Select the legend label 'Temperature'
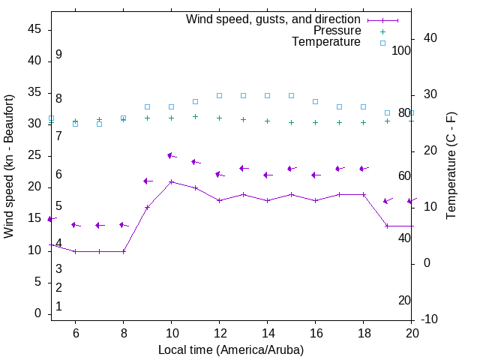[326, 42]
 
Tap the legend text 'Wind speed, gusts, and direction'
[274, 19]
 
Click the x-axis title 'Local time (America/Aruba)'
[231, 349]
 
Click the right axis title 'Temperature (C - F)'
[451, 166]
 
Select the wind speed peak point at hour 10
[172, 181]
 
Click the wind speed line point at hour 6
[75, 251]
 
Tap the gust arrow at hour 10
[172, 156]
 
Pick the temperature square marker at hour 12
[219, 95]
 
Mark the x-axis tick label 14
[267, 333]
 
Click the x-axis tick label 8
[123, 333]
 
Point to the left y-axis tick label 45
[34, 29]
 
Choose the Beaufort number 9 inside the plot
[58, 55]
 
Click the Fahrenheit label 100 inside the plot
[401, 50]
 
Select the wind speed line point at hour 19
[387, 226]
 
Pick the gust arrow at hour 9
[148, 181]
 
